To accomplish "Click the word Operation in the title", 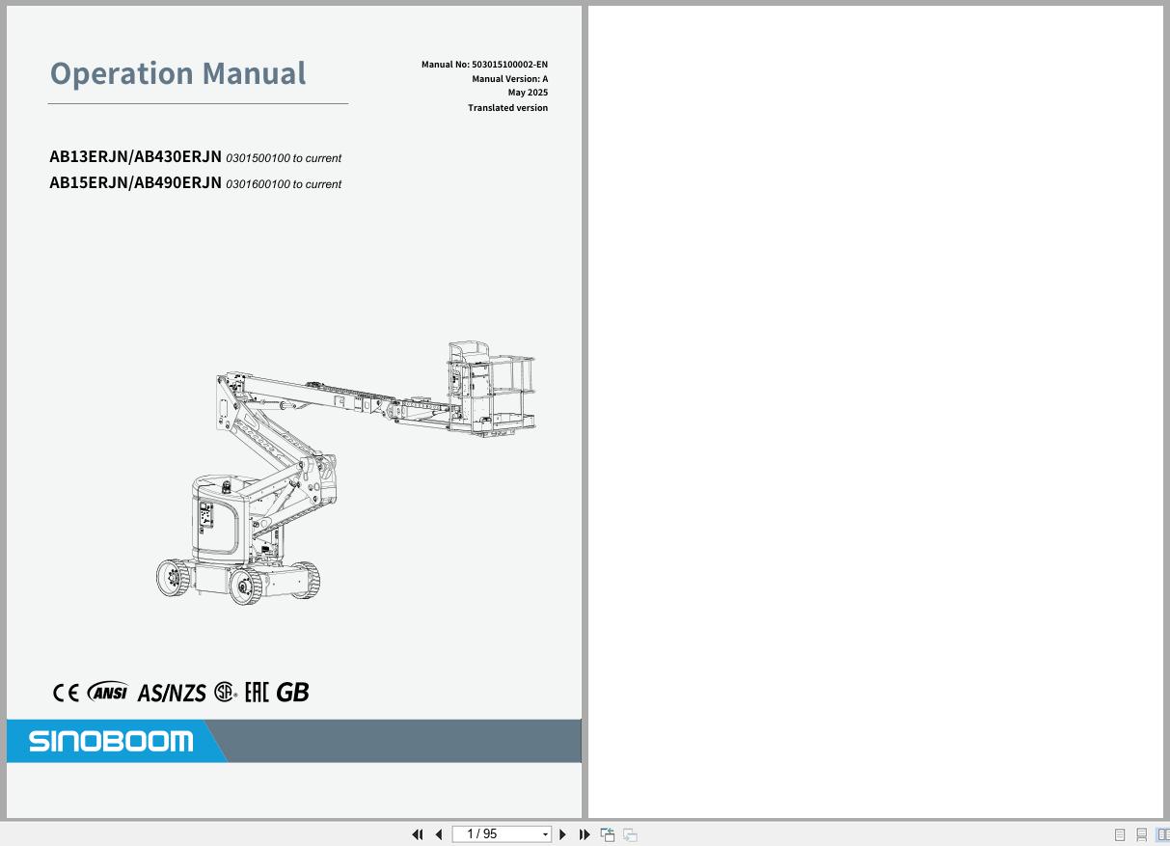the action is coord(122,74).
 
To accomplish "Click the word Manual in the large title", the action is coord(254,73).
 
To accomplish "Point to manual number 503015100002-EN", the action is coord(510,65).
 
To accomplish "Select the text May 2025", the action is coord(528,93).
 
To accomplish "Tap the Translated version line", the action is coord(507,108).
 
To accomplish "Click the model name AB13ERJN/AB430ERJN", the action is coord(135,156).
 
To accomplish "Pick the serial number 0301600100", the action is coord(258,184).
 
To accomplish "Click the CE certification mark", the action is coord(66,693).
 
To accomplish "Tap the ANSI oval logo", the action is coord(108,692).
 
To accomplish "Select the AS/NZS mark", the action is coord(172,693).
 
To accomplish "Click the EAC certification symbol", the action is coord(257,693).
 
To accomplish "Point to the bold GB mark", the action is coord(292,693).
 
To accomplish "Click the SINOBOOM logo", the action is coord(111,741).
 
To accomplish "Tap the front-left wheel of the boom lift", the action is coord(246,586).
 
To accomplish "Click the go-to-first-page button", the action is coord(418,834).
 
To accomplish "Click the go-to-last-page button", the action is coord(585,834).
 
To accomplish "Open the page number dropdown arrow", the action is coord(545,834).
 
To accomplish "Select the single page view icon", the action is coord(1119,834).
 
